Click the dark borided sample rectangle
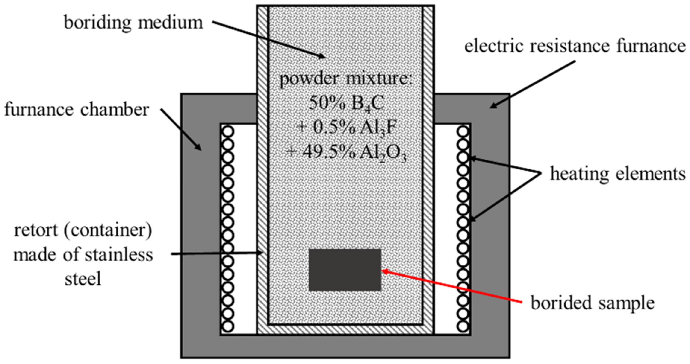pyautogui.click(x=345, y=270)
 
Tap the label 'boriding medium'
pyautogui.click(x=133, y=23)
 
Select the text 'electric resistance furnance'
pyautogui.click(x=575, y=46)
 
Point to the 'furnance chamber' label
pyautogui.click(x=77, y=110)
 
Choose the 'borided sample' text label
pyautogui.click(x=593, y=303)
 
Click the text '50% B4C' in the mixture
pyautogui.click(x=346, y=103)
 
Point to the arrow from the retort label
pyautogui.click(x=217, y=253)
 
